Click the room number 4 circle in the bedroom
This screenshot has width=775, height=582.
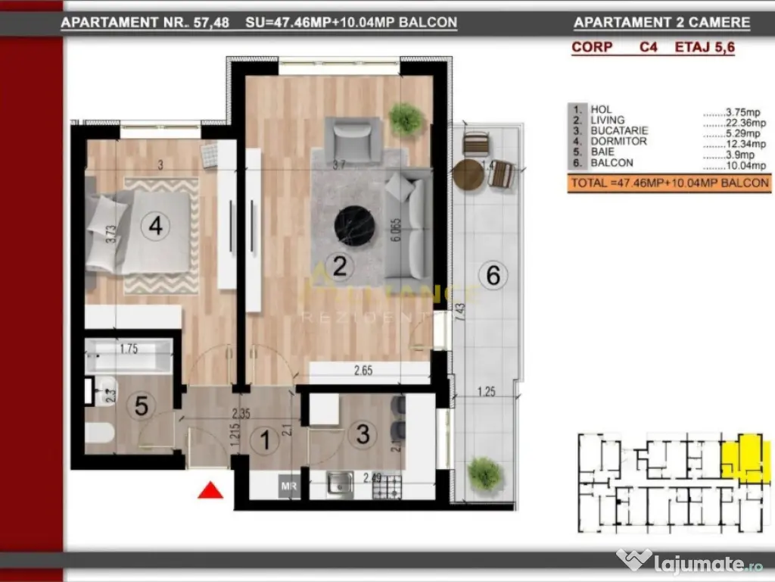tap(156, 226)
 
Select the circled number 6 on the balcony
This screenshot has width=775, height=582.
tap(493, 275)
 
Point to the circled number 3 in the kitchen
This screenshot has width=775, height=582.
tap(363, 434)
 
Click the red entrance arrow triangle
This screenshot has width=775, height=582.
tap(210, 491)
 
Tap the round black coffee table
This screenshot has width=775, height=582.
tap(354, 225)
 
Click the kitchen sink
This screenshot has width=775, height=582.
tap(341, 483)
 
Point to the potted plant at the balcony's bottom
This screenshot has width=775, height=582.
tap(484, 474)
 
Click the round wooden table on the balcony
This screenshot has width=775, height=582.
tap(468, 174)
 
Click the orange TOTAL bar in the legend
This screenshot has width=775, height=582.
tap(669, 183)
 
